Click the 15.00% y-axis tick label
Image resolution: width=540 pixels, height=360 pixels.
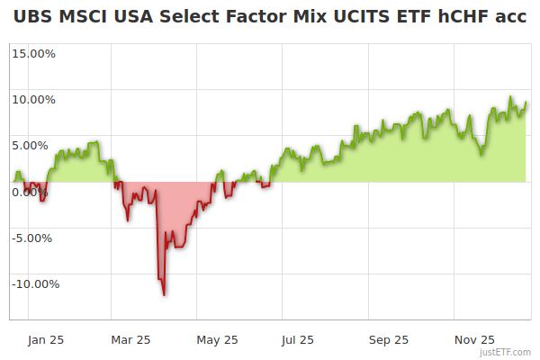tap(33, 53)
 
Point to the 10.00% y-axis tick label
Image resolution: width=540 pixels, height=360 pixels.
tap(33, 99)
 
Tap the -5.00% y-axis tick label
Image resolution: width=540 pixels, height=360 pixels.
tap(34, 238)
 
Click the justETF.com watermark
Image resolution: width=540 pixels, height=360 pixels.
tap(507, 352)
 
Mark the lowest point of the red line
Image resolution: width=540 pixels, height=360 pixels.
tap(164, 294)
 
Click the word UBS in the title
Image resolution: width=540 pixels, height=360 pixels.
tap(32, 18)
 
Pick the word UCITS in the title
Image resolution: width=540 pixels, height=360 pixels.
tap(355, 18)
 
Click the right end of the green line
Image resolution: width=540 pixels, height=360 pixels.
tap(526, 103)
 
